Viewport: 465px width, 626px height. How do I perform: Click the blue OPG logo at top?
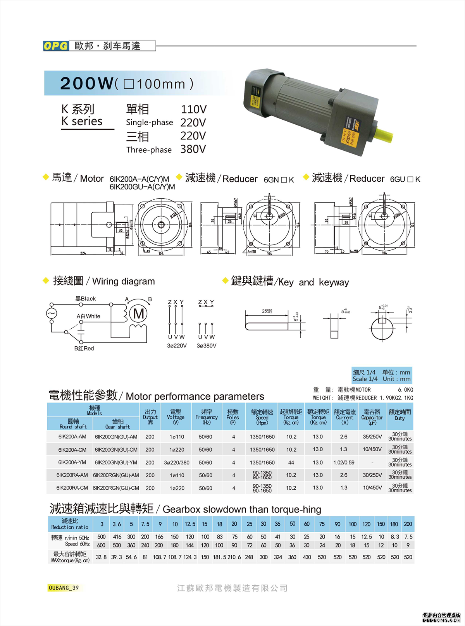click(56, 46)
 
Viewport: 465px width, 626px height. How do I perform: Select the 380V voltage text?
click(193, 149)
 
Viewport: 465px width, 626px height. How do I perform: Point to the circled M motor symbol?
click(138, 313)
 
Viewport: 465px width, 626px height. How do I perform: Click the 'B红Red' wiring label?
click(84, 348)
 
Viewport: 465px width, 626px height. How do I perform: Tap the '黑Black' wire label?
click(86, 299)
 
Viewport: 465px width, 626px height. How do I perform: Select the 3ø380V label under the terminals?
click(207, 346)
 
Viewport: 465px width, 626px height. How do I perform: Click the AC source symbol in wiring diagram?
click(51, 313)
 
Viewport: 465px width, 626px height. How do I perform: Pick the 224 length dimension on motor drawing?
click(83, 253)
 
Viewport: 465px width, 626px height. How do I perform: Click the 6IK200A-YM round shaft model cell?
click(72, 463)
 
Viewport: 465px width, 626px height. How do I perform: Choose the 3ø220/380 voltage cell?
click(177, 463)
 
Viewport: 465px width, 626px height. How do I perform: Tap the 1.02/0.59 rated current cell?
click(344, 463)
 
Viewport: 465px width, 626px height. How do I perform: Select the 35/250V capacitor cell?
click(372, 437)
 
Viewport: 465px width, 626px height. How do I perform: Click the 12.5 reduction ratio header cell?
click(190, 524)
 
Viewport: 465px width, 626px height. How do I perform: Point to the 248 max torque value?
click(249, 557)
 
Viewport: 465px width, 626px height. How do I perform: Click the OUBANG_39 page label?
click(64, 588)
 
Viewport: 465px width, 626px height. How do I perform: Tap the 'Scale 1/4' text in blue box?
click(365, 379)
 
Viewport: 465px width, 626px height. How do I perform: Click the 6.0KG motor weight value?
click(405, 390)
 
